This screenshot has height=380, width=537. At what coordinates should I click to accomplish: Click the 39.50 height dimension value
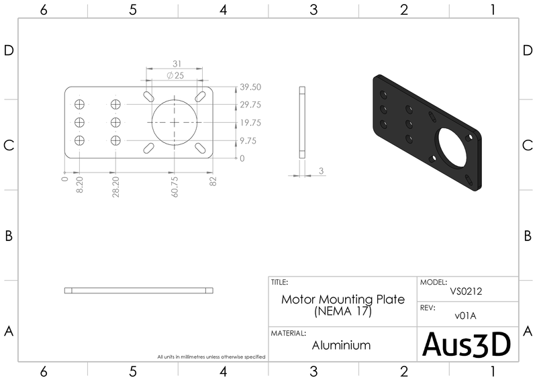coord(250,87)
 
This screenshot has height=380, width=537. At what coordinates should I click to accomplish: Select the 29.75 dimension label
coord(250,105)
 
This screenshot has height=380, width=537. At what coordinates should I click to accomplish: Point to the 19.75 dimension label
coord(250,123)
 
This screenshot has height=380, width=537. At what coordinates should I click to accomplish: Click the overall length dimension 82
coord(213,181)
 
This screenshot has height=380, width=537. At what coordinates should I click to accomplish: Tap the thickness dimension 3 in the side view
coord(322,171)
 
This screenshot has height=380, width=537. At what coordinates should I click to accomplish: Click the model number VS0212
coord(468,292)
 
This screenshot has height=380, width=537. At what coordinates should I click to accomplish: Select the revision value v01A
coord(468,316)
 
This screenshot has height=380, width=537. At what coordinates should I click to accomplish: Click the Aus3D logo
coord(467,344)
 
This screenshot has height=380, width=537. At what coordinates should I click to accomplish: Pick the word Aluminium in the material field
coord(342,346)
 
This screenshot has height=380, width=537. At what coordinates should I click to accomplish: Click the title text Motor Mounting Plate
coord(343,299)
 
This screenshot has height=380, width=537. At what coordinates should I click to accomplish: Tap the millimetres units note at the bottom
coord(211,357)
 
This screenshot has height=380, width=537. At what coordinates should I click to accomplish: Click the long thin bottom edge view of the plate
coord(139,291)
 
